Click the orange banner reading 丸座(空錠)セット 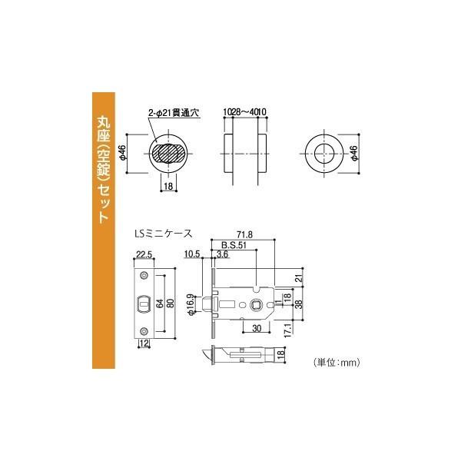tap(104, 169)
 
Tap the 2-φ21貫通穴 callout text tap(174, 114)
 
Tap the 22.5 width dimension tap(144, 255)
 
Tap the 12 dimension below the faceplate tap(143, 343)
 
